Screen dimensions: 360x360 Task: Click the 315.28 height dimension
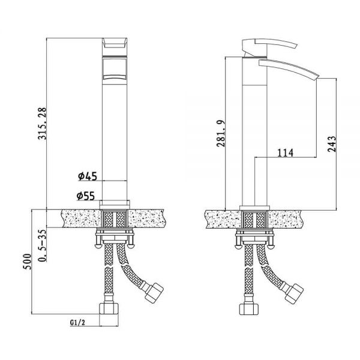pos(42,123)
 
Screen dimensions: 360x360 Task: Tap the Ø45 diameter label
pos(88,176)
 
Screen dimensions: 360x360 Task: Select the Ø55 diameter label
pos(86,196)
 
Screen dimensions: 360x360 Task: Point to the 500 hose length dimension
pos(27,262)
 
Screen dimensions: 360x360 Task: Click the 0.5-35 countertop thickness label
pos(42,245)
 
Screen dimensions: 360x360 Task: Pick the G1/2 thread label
pos(77,323)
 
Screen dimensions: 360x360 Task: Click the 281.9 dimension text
pos(221,133)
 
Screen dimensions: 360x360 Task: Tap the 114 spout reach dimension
pos(286,152)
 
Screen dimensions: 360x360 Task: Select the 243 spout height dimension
pos(332,144)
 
